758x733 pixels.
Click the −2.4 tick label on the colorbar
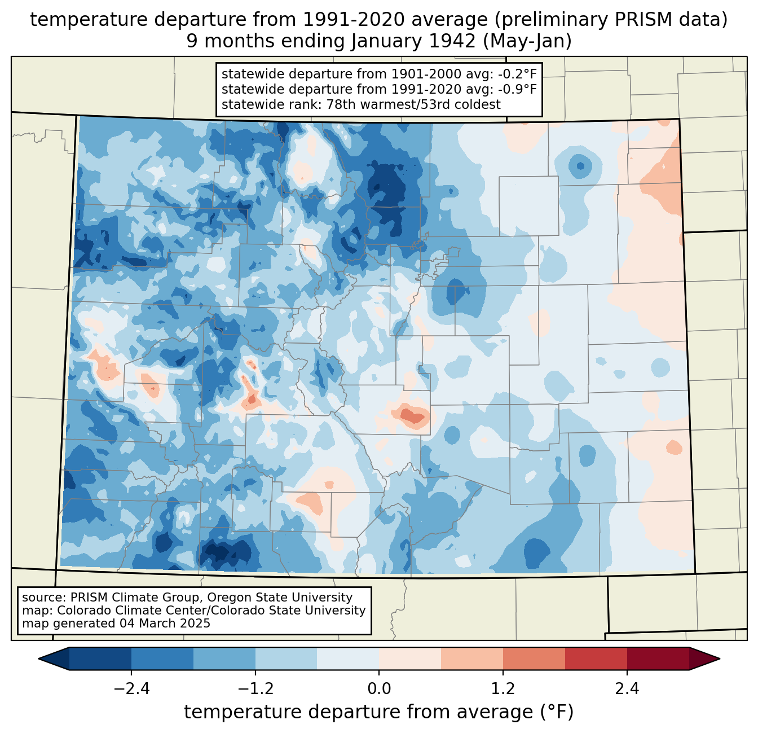click(131, 689)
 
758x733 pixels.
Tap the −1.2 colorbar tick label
click(255, 689)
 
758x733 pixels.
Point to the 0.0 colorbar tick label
click(379, 689)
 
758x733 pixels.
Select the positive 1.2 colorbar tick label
click(503, 689)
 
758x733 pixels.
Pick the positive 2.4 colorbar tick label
click(627, 689)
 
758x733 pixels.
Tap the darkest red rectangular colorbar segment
click(658, 659)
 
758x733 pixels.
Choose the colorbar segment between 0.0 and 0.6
click(410, 659)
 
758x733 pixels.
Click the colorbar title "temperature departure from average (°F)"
click(379, 712)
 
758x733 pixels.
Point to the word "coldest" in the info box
click(479, 104)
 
